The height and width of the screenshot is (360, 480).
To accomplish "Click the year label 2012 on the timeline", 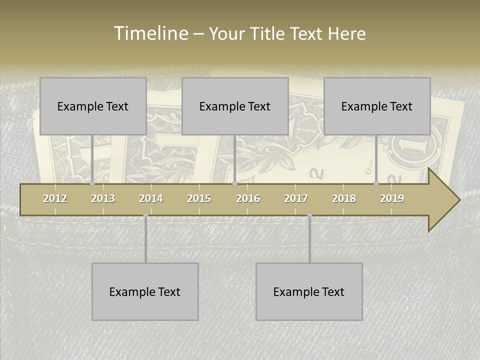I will point(55,198).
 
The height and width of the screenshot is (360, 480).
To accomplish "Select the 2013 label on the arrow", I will point(103,198).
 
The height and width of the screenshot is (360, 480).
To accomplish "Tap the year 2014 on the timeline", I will point(151,198).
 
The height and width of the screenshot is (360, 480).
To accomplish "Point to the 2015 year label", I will point(199,198).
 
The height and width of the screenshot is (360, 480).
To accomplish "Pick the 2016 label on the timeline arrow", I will point(248,198).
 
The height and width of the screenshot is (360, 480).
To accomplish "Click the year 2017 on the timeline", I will point(296,198).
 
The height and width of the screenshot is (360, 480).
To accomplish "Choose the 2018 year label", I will point(344,198).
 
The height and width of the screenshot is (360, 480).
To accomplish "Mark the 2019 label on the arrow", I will point(392,198).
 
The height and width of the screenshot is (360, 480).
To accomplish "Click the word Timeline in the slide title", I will point(150,33).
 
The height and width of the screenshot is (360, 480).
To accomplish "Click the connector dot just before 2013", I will point(92,183).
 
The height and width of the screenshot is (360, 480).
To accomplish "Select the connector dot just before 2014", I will point(145,215).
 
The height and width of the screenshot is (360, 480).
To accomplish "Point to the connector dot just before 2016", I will point(234,183).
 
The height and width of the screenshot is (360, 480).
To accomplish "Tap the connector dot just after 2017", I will point(309,215).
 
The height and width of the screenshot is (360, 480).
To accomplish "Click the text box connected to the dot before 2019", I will point(377,106).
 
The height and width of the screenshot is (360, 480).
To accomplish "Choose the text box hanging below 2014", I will point(145,291).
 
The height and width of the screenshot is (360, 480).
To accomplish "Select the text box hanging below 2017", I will point(309,291).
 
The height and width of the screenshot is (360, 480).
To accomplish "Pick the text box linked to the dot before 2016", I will point(235,106).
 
